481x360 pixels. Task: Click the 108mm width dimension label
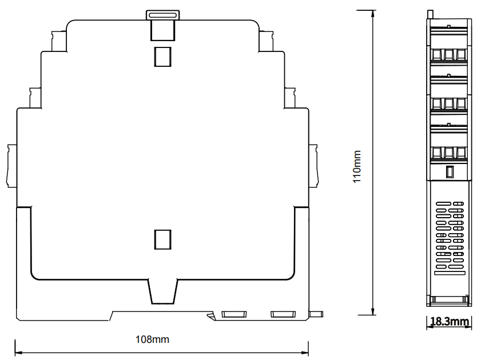(152, 339)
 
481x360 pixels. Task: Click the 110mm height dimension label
(357, 167)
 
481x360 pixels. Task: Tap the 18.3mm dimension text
(450, 321)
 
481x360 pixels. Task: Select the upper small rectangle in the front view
(162, 57)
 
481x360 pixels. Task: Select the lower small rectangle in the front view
(162, 239)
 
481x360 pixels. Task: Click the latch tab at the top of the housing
(162, 15)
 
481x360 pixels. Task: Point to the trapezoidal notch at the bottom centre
(163, 291)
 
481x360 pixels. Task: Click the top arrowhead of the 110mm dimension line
(373, 14)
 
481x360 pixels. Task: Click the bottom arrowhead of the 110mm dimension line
(373, 311)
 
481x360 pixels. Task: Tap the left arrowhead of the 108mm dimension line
(19, 353)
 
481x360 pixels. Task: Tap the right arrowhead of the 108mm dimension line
(304, 353)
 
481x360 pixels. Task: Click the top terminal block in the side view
(449, 54)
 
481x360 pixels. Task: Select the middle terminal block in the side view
(449, 103)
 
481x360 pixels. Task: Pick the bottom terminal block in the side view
(449, 152)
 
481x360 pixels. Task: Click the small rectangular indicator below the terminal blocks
(450, 171)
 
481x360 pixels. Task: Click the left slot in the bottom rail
(234, 314)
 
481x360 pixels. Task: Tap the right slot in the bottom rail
(283, 314)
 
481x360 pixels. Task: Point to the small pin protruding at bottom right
(316, 314)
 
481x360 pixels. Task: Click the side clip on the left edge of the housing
(11, 166)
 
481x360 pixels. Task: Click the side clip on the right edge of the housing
(313, 166)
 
